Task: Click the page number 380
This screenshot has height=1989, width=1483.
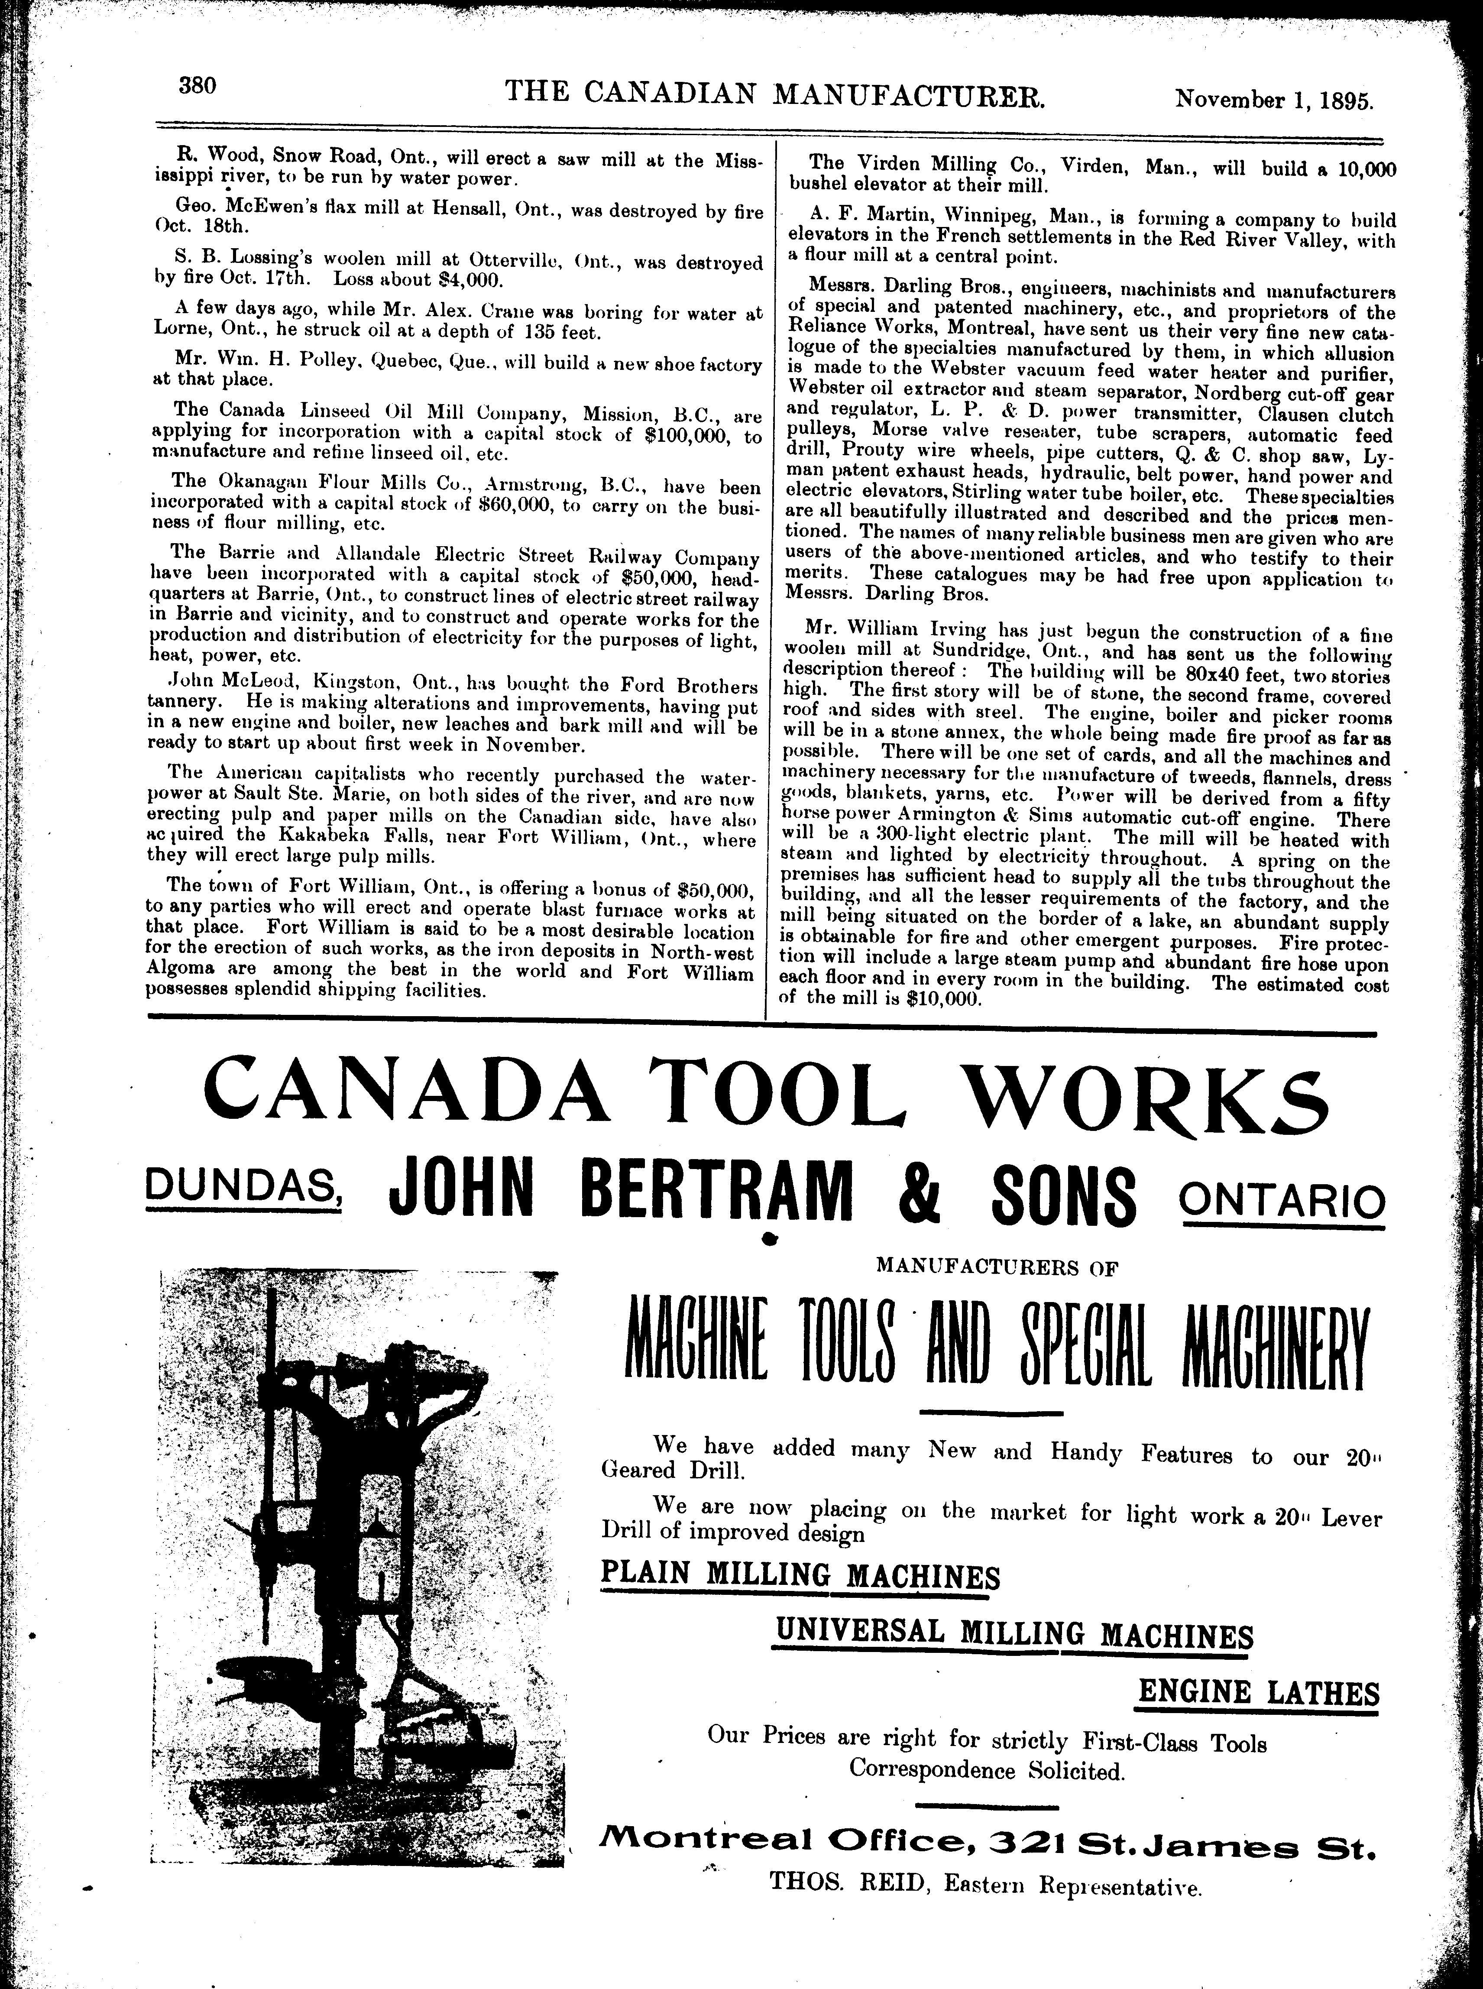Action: (x=198, y=87)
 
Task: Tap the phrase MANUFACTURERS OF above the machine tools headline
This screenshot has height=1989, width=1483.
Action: (x=998, y=1267)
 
